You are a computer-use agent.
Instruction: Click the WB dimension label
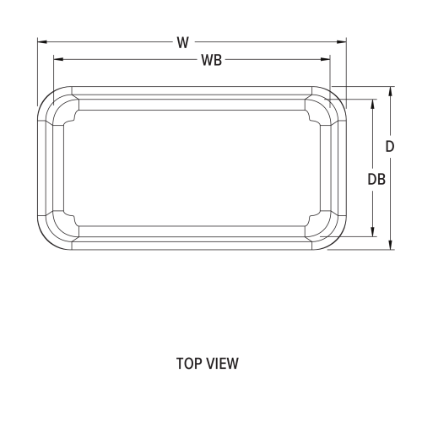(211, 61)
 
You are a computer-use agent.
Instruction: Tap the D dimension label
(390, 146)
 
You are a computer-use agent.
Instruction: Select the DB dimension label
(377, 179)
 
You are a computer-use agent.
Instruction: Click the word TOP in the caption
(188, 364)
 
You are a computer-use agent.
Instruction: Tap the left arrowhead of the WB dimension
(57, 58)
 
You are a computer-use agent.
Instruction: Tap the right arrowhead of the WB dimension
(327, 58)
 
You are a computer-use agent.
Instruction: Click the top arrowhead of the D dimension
(390, 89)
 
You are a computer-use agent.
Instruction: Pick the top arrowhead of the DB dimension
(373, 102)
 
